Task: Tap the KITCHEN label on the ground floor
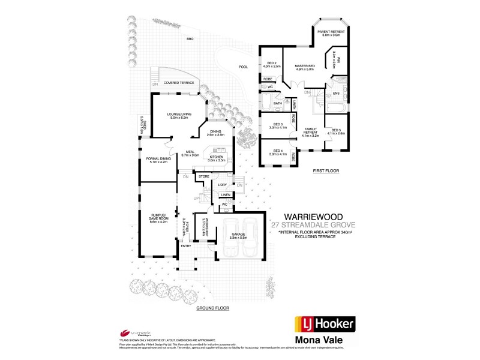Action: click(x=216, y=158)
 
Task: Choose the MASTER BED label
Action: click(x=305, y=67)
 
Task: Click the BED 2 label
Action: click(x=272, y=64)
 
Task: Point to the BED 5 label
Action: click(x=336, y=131)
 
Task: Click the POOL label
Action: click(x=243, y=67)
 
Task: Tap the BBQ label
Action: click(x=190, y=39)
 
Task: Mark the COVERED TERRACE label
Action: click(x=179, y=82)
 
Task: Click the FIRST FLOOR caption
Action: click(x=326, y=171)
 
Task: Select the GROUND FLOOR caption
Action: click(x=212, y=308)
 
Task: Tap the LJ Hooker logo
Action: click(x=323, y=325)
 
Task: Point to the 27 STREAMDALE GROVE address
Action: click(x=313, y=224)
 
